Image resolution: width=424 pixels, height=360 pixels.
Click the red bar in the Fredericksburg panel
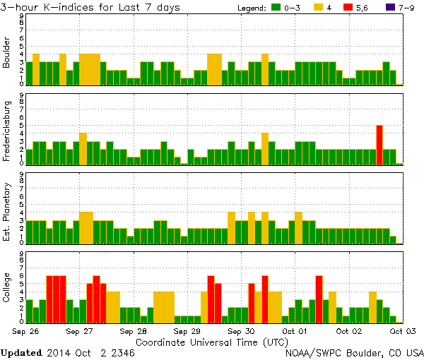point(379,145)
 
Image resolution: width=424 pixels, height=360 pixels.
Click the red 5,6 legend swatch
point(348,8)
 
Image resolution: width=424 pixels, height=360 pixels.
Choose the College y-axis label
point(7,289)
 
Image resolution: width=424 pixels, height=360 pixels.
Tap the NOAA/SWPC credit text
point(354,352)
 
